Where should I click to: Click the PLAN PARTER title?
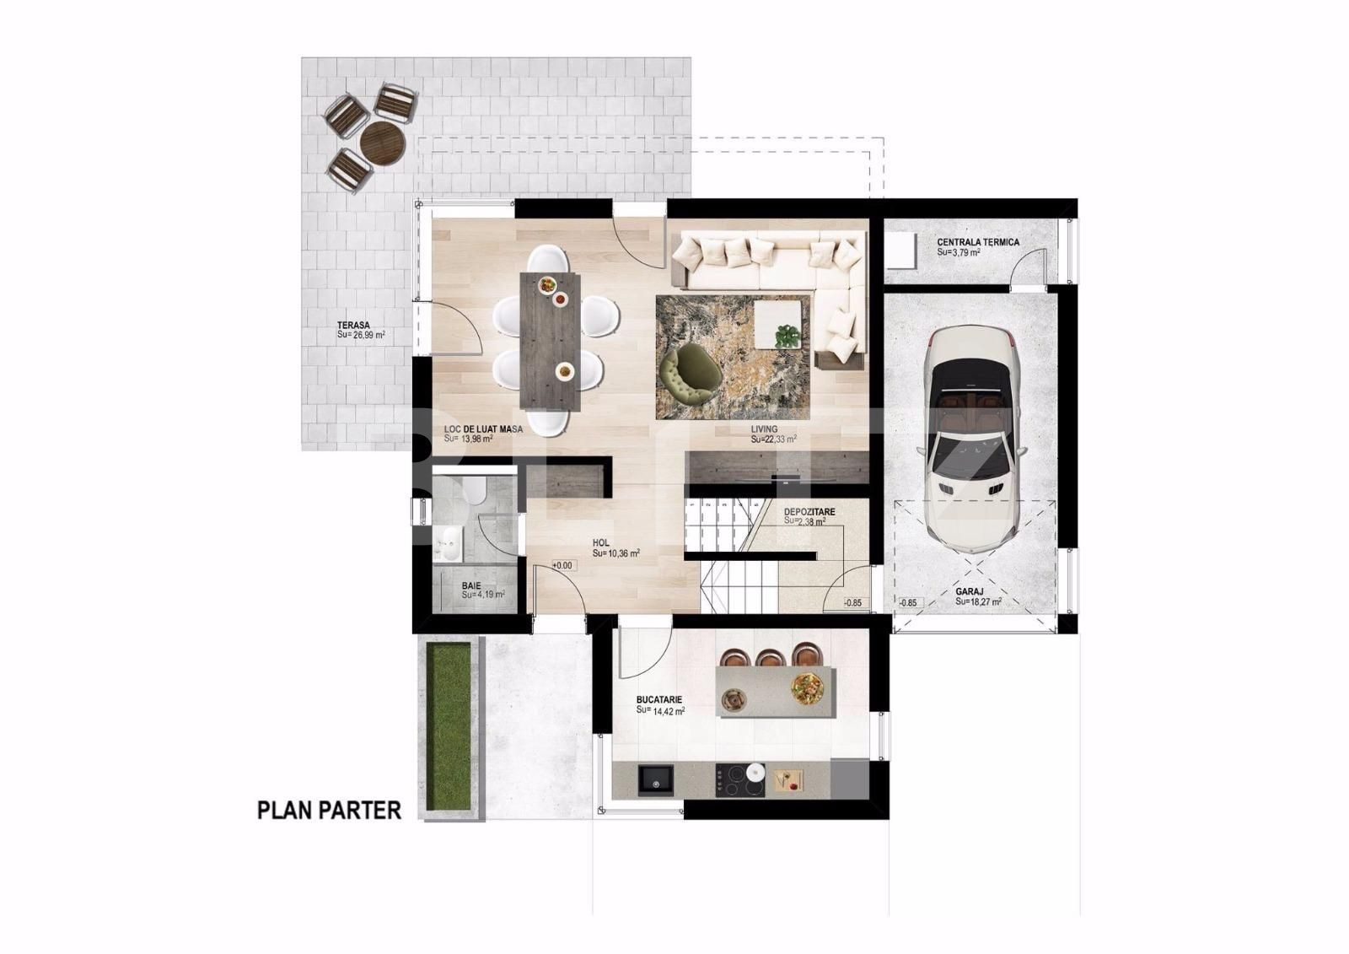coord(329,811)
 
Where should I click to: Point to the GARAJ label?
coord(970,592)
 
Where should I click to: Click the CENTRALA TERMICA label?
coord(978,242)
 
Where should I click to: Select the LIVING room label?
coord(765,429)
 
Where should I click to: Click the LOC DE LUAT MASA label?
coord(483,429)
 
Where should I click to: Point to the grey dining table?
coord(551,342)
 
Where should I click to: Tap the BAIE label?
coord(471,585)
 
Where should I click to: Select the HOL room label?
coord(600,543)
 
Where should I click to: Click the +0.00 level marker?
coord(562,565)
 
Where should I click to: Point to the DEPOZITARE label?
coord(809,511)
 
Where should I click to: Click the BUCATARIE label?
coord(659,699)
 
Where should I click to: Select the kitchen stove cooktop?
coord(735,779)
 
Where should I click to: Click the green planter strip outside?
coord(448,726)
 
